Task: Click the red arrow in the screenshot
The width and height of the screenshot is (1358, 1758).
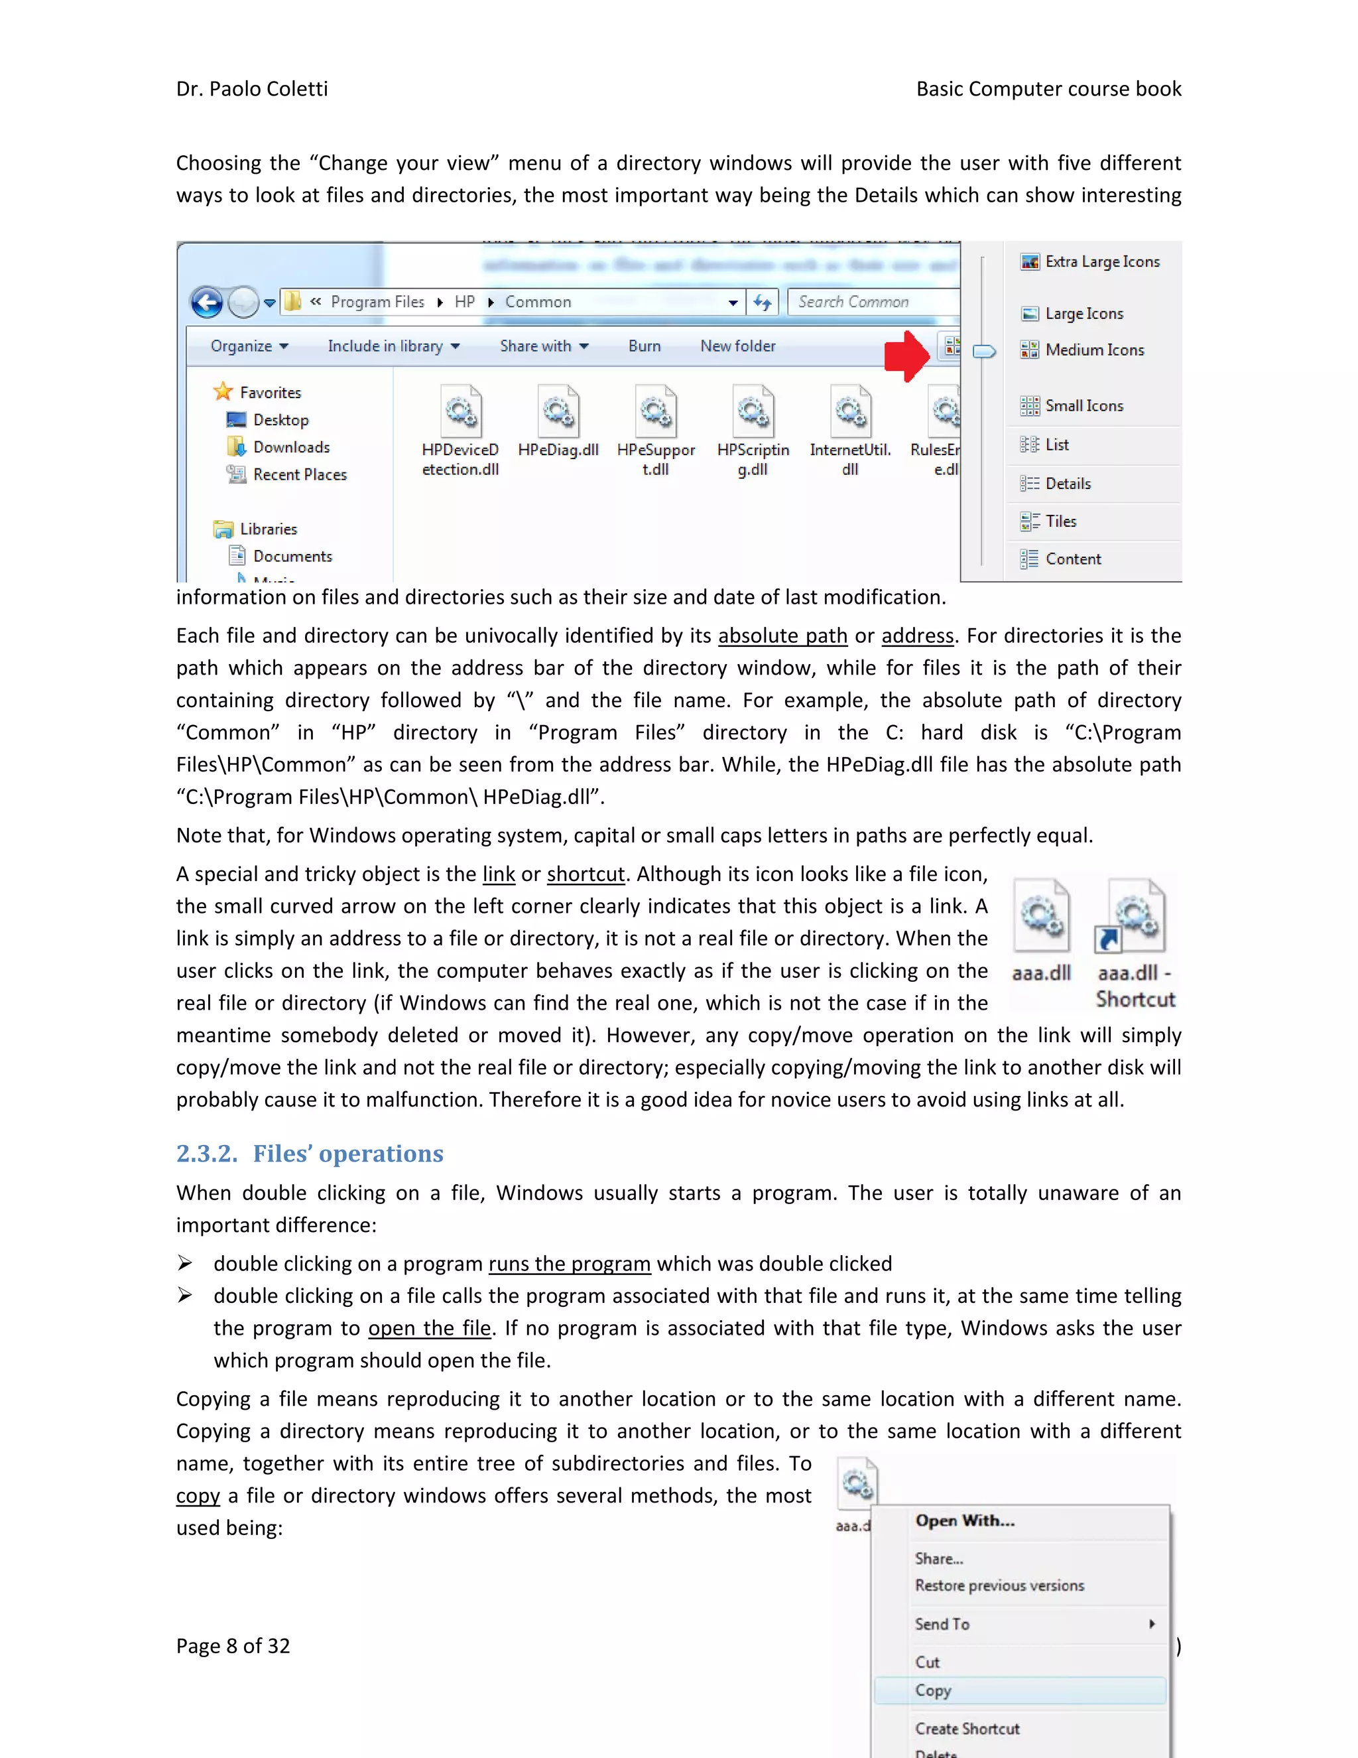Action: [906, 355]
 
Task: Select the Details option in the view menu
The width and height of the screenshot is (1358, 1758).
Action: [1068, 484]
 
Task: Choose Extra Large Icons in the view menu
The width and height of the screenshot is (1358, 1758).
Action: [1101, 261]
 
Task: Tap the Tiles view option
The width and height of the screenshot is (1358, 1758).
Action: [1060, 521]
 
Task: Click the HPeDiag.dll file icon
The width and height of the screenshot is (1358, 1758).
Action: [558, 412]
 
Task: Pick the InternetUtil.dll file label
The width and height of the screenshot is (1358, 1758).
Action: [849, 459]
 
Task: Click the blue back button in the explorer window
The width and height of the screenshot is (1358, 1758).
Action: [207, 303]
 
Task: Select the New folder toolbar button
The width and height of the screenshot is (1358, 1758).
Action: [737, 346]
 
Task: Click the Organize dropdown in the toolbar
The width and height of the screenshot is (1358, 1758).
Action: [249, 346]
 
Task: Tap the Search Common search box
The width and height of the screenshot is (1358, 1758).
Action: [872, 302]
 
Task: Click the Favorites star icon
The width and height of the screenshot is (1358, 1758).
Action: [223, 392]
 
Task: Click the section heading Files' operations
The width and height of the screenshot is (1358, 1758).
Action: [347, 1154]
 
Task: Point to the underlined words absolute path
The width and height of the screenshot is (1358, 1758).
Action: [782, 636]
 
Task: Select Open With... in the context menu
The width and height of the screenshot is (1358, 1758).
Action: [965, 1521]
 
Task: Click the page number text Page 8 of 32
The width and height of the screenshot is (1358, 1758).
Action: [233, 1646]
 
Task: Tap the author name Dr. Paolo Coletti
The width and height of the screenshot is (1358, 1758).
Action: [252, 88]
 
